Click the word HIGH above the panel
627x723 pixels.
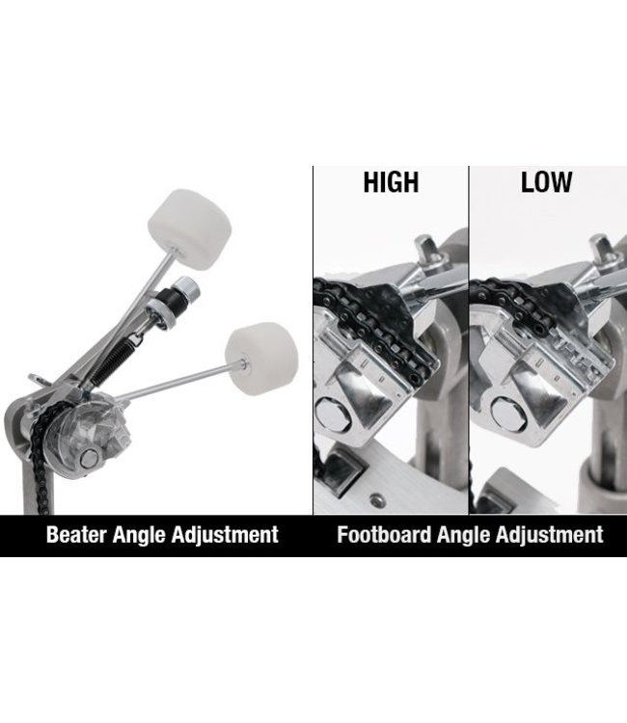click(x=391, y=181)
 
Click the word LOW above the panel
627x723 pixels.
click(x=546, y=181)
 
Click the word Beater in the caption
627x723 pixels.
click(x=81, y=534)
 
